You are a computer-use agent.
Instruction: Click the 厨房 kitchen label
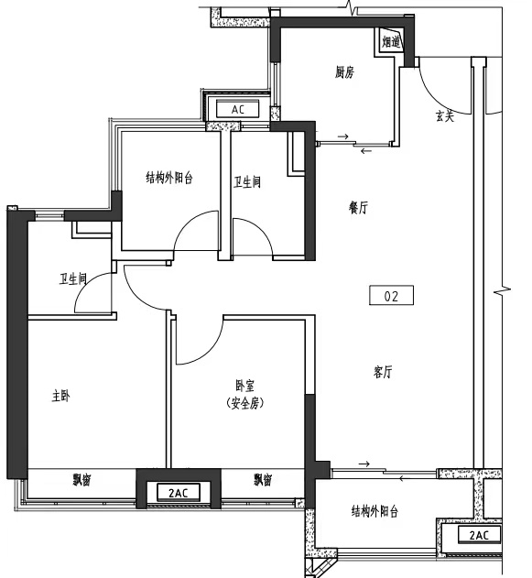pyautogui.click(x=344, y=72)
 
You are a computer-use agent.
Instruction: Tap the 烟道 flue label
pyautogui.click(x=390, y=41)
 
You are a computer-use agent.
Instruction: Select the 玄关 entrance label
pyautogui.click(x=445, y=116)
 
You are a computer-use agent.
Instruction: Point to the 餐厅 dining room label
pyautogui.click(x=358, y=208)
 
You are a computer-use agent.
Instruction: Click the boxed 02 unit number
pyautogui.click(x=391, y=296)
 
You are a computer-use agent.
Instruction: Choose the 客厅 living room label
pyautogui.click(x=383, y=372)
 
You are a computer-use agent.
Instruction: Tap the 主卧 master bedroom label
pyautogui.click(x=60, y=397)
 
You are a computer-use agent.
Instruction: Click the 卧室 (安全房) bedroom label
pyautogui.click(x=245, y=395)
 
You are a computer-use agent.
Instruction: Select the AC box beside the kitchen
pyautogui.click(x=238, y=110)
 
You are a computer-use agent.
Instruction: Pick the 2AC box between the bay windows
pyautogui.click(x=179, y=493)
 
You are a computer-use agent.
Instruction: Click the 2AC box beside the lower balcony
pyautogui.click(x=479, y=535)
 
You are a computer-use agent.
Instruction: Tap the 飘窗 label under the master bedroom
pyautogui.click(x=81, y=480)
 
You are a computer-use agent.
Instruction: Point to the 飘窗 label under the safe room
pyautogui.click(x=263, y=480)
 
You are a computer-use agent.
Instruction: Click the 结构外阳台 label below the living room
pyautogui.click(x=375, y=512)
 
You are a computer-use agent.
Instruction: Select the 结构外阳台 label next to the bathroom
pyautogui.click(x=169, y=178)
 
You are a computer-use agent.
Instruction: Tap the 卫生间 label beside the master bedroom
pyautogui.click(x=73, y=279)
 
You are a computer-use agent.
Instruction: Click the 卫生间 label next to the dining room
pyautogui.click(x=247, y=182)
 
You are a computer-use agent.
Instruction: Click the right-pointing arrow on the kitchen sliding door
pyautogui.click(x=343, y=136)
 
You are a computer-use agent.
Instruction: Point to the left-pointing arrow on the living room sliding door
pyautogui.click(x=405, y=479)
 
